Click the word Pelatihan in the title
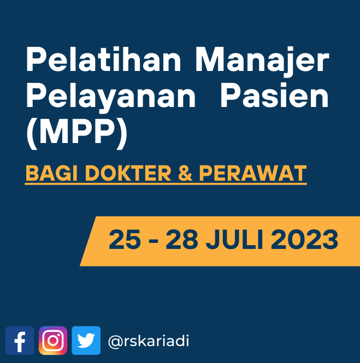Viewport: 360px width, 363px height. [x=103, y=59]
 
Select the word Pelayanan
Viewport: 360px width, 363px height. [x=111, y=98]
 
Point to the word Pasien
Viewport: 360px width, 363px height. [x=275, y=95]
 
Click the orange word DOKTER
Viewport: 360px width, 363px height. [x=128, y=173]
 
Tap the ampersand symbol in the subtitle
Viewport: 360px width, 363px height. [x=185, y=173]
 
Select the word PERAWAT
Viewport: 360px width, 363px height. [x=253, y=173]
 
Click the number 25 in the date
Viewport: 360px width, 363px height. [x=125, y=240]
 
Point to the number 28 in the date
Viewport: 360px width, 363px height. [x=182, y=240]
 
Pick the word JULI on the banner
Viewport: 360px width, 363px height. [x=234, y=240]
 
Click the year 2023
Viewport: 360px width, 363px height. [x=304, y=240]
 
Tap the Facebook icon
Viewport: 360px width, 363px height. [x=20, y=340]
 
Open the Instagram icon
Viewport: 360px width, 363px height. [x=53, y=340]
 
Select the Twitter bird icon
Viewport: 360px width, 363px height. [x=86, y=340]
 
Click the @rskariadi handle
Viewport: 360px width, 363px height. [x=149, y=341]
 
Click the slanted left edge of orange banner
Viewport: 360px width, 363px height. [x=88, y=241]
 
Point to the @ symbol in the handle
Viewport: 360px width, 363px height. [x=115, y=342]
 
